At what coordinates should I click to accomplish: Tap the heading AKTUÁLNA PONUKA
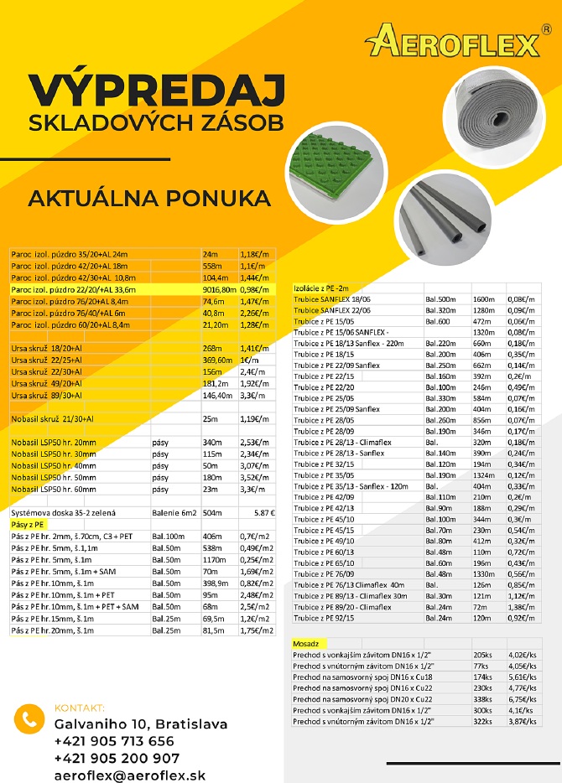click(138, 198)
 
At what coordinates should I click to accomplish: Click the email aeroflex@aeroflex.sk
click(130, 775)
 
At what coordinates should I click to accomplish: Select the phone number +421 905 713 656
click(114, 741)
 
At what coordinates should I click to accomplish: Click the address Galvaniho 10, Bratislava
click(140, 723)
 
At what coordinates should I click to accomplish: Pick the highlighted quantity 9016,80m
click(219, 289)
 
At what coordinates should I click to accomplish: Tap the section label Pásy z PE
click(27, 524)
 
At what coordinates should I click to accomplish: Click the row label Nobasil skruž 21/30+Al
click(49, 418)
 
